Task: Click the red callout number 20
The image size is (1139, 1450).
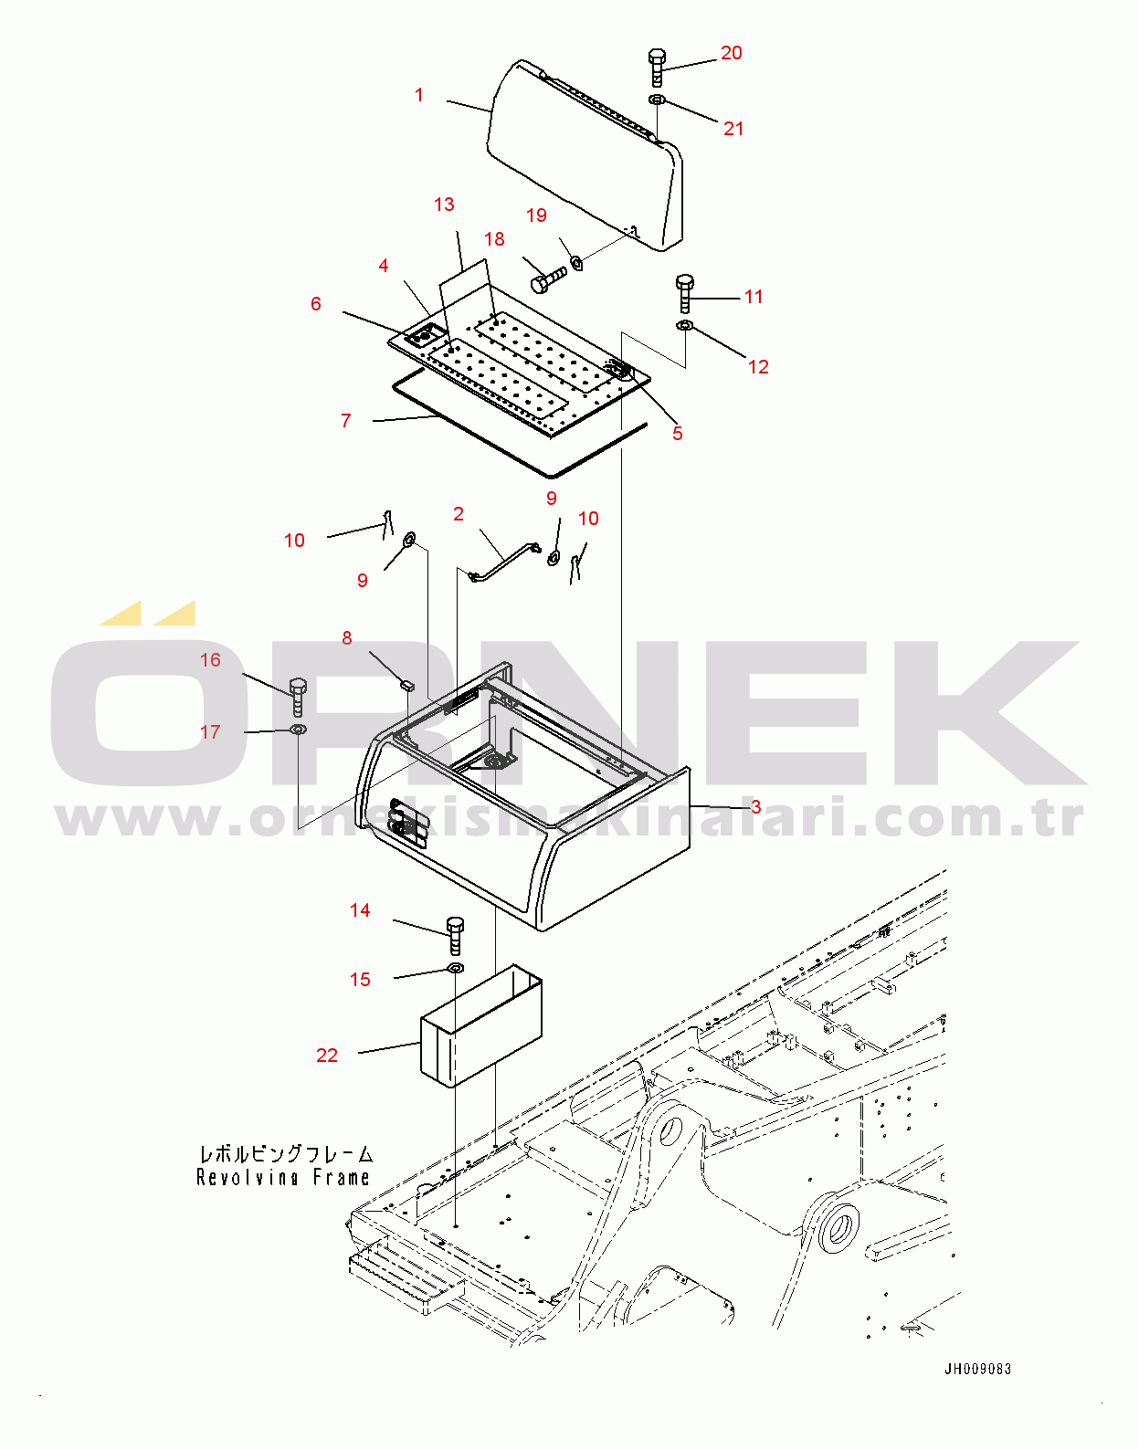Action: click(x=732, y=53)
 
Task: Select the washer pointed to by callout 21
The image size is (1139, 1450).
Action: click(x=657, y=100)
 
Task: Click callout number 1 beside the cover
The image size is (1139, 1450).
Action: click(x=419, y=96)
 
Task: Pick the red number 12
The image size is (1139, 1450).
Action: click(x=758, y=366)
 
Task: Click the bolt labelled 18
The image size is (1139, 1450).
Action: click(x=548, y=277)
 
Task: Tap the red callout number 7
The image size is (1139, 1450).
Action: click(x=345, y=420)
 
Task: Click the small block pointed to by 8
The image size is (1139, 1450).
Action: click(x=406, y=683)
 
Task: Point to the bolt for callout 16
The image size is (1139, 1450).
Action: click(x=299, y=695)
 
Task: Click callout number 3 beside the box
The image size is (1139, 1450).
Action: click(x=755, y=807)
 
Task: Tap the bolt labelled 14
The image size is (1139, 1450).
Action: click(x=455, y=936)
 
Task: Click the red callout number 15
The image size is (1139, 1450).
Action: click(x=360, y=979)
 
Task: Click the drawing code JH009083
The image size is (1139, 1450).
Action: click(x=977, y=1370)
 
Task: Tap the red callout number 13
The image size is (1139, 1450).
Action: click(x=444, y=205)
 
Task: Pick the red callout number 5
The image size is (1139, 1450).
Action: click(x=677, y=433)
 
